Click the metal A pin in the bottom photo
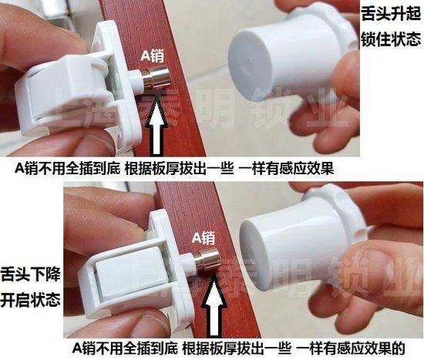pyautogui.click(x=207, y=258)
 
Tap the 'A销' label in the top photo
pyautogui.click(x=153, y=56)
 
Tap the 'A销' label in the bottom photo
pyautogui.click(x=204, y=238)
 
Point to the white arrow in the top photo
pyautogui.click(x=156, y=124)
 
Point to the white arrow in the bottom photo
pyautogui.click(x=214, y=305)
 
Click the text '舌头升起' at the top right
pyautogui.click(x=392, y=14)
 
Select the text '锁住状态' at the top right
pyautogui.click(x=392, y=39)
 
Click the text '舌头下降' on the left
pyautogui.click(x=30, y=274)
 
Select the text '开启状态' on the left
pyautogui.click(x=30, y=300)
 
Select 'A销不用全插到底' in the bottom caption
pyautogui.click(x=125, y=348)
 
